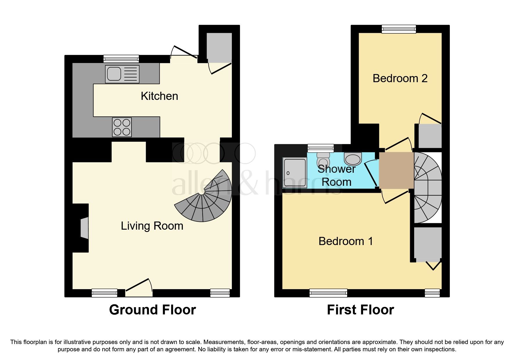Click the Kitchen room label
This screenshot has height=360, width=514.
[159, 96]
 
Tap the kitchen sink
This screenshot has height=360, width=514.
[122, 74]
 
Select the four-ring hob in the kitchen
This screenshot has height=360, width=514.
[122, 127]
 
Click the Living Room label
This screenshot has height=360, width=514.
[152, 226]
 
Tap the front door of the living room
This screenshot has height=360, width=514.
[139, 289]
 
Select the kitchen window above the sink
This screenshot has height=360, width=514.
[121, 59]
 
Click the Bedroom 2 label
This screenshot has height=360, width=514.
[400, 78]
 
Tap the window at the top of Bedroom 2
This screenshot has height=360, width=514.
[399, 29]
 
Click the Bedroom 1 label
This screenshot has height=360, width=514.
[345, 241]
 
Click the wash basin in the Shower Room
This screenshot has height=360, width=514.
[353, 159]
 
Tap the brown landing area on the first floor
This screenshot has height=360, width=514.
[396, 170]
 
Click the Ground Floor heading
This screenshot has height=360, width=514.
[152, 310]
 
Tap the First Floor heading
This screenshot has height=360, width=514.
[360, 310]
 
